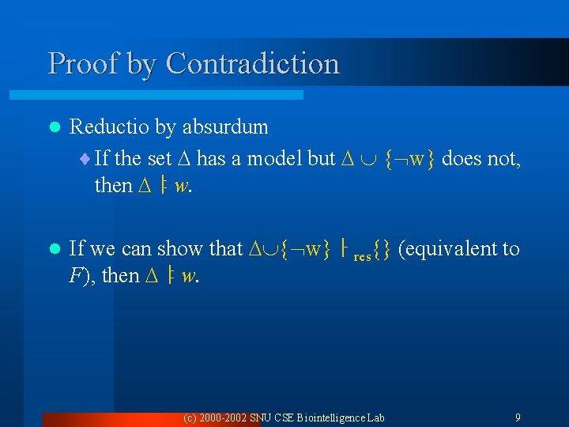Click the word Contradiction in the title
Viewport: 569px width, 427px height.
(x=253, y=62)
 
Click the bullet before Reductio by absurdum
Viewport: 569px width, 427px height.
(x=53, y=127)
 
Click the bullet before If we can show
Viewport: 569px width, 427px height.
(x=53, y=249)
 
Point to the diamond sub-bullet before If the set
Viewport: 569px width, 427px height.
(x=85, y=159)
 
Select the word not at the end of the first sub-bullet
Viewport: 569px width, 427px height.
(x=503, y=158)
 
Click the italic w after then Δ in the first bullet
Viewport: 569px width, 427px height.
(x=182, y=186)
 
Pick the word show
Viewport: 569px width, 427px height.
(x=183, y=248)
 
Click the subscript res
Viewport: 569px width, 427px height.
(x=363, y=256)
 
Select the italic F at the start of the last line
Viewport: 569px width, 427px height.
(x=76, y=277)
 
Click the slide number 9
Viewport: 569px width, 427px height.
(x=518, y=417)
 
